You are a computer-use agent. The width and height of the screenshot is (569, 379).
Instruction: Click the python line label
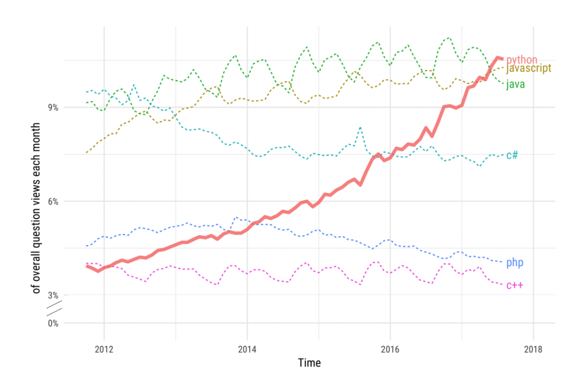521,59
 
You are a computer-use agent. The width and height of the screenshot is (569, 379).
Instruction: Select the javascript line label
528,68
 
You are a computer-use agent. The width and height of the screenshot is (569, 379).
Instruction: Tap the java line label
515,84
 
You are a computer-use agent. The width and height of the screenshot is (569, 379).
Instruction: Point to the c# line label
512,155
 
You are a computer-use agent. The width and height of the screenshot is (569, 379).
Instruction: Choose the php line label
515,262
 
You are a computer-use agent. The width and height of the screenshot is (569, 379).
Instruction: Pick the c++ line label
515,285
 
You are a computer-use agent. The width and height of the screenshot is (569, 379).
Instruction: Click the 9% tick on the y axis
53,107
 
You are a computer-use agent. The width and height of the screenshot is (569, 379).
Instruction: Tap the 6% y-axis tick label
53,202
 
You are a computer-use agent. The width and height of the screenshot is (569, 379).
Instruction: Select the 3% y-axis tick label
53,295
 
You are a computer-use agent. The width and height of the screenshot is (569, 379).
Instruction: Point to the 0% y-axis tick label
53,323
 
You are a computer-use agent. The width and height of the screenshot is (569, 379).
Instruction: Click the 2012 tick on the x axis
104,349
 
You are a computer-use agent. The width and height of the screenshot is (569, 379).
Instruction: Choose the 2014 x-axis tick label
247,349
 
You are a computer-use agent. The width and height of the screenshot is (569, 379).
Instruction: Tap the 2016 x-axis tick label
390,349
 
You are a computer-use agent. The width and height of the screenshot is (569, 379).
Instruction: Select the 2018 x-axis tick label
533,349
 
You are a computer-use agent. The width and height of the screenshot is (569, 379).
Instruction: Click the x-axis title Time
310,363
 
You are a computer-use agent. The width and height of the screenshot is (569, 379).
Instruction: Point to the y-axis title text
36,208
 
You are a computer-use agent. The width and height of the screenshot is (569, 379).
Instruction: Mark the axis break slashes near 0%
54,308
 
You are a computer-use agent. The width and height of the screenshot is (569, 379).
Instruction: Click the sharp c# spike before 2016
360,127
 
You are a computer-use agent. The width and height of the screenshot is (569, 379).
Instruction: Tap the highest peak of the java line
449,37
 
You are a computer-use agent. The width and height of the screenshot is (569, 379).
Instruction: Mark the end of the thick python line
502,59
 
